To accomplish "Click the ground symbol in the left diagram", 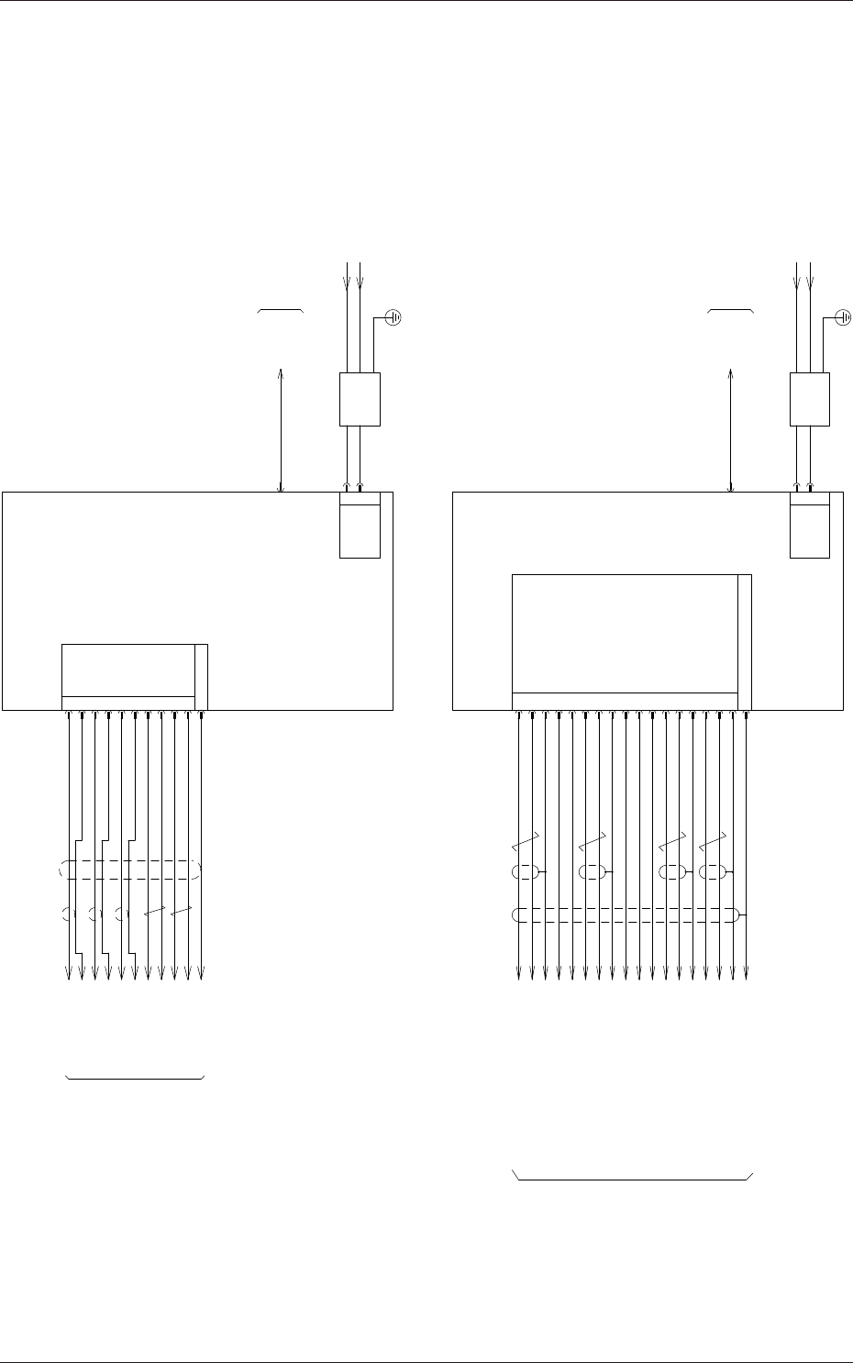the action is [394, 317].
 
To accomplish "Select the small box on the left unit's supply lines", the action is [360, 399].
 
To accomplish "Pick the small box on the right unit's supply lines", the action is [810, 399].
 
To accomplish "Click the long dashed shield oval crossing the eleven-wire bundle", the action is [131, 870].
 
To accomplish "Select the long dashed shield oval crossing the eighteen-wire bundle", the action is [626, 914].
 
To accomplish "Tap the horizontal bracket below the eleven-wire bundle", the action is [135, 1077].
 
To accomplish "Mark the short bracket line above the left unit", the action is [281, 312].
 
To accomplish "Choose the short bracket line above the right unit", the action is [731, 312].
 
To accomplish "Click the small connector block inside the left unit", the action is [128, 670].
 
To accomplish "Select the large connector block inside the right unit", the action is [625, 634].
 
